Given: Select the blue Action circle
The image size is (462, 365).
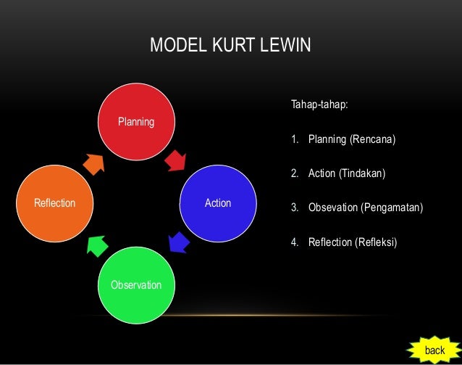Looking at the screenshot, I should click(x=218, y=203).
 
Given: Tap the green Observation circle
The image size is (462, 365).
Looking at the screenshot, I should click(x=136, y=284).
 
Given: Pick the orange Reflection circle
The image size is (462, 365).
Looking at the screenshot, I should click(x=54, y=203).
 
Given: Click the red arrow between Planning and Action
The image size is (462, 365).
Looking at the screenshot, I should click(x=176, y=160).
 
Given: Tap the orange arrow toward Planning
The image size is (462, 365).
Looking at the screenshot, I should click(x=95, y=163).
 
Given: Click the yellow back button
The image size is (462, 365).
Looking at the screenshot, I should click(x=434, y=350).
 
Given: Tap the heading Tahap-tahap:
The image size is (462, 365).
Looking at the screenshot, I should click(x=319, y=104).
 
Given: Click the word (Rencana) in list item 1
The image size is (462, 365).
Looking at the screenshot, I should click(x=373, y=139).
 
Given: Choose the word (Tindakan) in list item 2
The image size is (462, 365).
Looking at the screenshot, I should click(x=363, y=174).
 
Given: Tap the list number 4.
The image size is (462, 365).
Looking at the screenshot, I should click(x=295, y=242).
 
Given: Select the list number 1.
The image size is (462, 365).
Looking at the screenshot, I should click(x=295, y=139).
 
